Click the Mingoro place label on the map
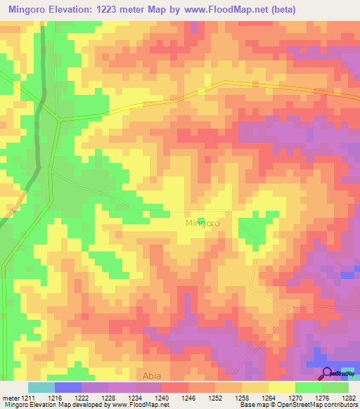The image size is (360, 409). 202,223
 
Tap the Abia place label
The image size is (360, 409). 152,376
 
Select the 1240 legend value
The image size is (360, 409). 162,397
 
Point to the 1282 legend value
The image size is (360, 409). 348,397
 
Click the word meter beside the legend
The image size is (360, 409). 10,397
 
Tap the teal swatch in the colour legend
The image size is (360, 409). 41,387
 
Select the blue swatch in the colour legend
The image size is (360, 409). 67,387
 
